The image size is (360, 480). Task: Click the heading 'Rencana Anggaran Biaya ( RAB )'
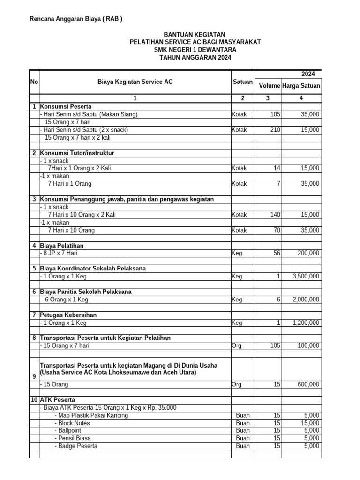[x=76, y=19]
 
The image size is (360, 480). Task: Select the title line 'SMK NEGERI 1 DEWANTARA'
[x=195, y=50]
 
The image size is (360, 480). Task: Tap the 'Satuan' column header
[x=242, y=82]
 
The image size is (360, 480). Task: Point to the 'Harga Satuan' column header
[x=301, y=86]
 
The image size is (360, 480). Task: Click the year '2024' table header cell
[x=308, y=74]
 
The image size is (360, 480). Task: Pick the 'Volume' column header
[x=270, y=86]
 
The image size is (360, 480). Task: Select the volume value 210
[x=275, y=130]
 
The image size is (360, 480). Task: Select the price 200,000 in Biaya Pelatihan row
[x=308, y=253]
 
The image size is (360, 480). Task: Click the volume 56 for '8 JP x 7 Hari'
[x=277, y=253]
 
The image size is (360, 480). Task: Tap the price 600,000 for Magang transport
[x=308, y=384]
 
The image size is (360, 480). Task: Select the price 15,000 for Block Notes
[x=310, y=423]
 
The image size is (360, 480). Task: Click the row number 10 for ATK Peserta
[x=34, y=400]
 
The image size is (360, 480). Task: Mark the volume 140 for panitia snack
[x=275, y=215]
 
